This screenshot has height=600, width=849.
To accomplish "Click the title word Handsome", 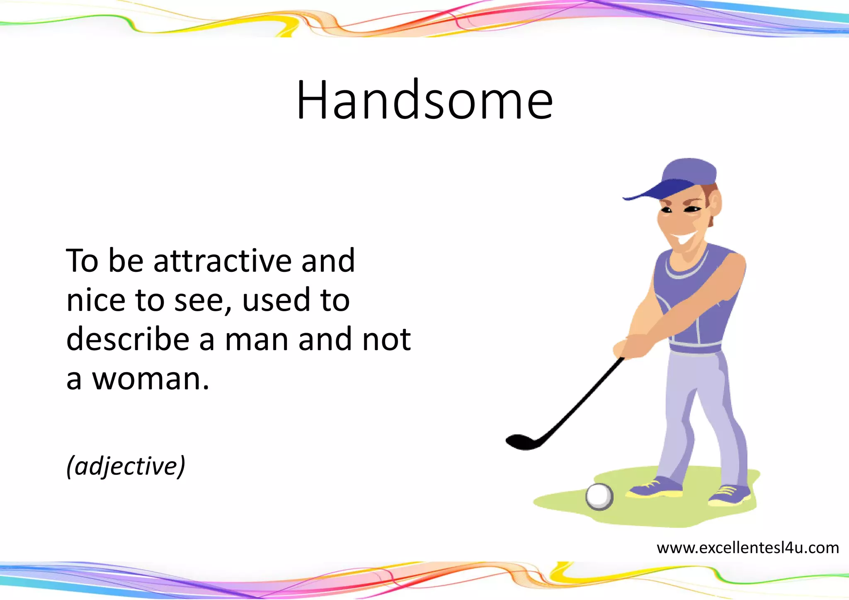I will [x=424, y=101].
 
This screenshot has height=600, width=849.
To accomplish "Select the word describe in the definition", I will [x=128, y=339].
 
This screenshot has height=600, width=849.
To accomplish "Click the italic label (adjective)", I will [x=126, y=466].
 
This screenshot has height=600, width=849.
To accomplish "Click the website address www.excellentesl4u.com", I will [x=747, y=548].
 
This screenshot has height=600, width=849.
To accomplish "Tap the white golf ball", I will [x=599, y=496].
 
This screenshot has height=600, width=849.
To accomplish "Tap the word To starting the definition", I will [x=82, y=261].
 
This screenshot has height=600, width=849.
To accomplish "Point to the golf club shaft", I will [x=580, y=402].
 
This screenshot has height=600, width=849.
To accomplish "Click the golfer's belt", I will [x=696, y=347].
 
